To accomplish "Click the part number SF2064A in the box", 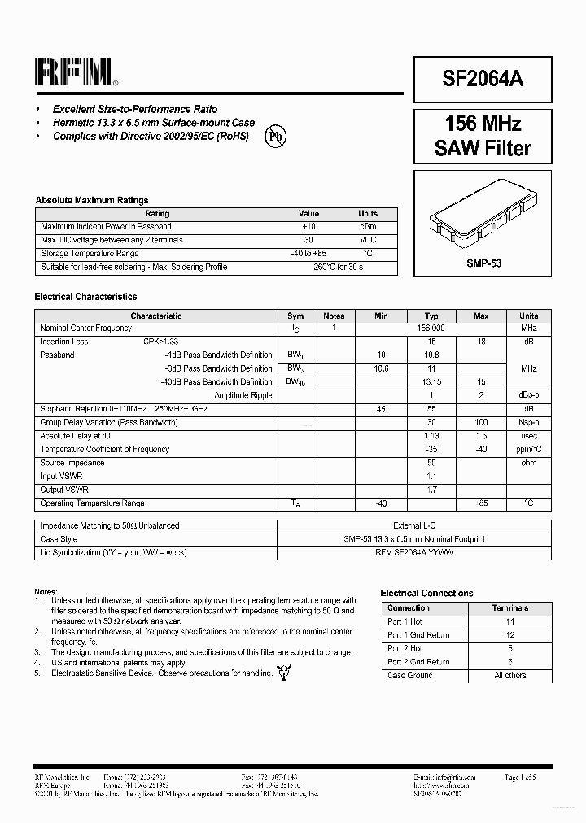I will click(483, 78).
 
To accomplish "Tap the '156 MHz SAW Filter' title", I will click(483, 136).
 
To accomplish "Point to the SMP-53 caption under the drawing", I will click(483, 263).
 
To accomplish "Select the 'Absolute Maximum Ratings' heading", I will click(91, 200).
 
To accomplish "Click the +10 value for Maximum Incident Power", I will click(308, 227).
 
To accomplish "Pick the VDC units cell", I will click(368, 240).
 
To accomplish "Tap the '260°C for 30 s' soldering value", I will click(339, 267).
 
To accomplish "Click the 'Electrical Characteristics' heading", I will click(85, 297).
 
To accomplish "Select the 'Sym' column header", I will click(295, 316).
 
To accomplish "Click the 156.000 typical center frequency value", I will click(431, 328).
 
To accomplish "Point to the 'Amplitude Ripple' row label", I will click(243, 395).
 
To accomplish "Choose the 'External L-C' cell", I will click(415, 526).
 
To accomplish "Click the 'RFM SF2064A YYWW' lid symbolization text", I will click(415, 552).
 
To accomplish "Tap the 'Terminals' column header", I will click(510, 607).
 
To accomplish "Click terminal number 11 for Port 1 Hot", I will click(510, 621).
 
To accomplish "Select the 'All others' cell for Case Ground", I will click(510, 675).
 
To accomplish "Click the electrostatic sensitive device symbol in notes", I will click(284, 672).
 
